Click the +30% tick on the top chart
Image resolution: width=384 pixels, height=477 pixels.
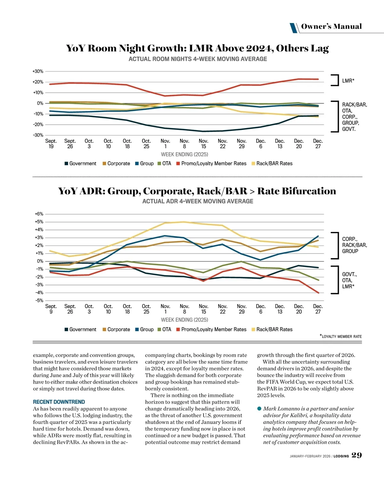38,71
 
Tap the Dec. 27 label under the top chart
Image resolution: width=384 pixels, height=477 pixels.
318,144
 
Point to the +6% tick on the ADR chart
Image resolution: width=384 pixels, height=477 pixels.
39,214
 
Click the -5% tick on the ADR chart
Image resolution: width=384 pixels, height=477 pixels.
39,300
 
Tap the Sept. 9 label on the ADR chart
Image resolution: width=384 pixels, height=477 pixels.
51,309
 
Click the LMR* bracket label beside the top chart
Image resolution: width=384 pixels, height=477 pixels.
348,81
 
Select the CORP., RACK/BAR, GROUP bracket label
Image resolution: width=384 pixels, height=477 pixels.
354,245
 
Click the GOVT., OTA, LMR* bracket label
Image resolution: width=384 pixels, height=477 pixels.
349,280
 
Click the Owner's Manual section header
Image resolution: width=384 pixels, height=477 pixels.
331,27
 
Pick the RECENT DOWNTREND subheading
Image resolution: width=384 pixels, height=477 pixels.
59,402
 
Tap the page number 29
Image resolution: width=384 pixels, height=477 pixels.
356,455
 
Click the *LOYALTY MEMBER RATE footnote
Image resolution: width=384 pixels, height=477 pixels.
341,336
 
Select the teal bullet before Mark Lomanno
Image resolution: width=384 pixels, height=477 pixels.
259,409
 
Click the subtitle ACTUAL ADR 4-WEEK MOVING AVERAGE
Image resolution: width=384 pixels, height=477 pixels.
198,201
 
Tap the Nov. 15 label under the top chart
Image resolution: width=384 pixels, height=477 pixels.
204,144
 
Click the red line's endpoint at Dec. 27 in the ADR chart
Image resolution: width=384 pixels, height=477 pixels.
318,293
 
